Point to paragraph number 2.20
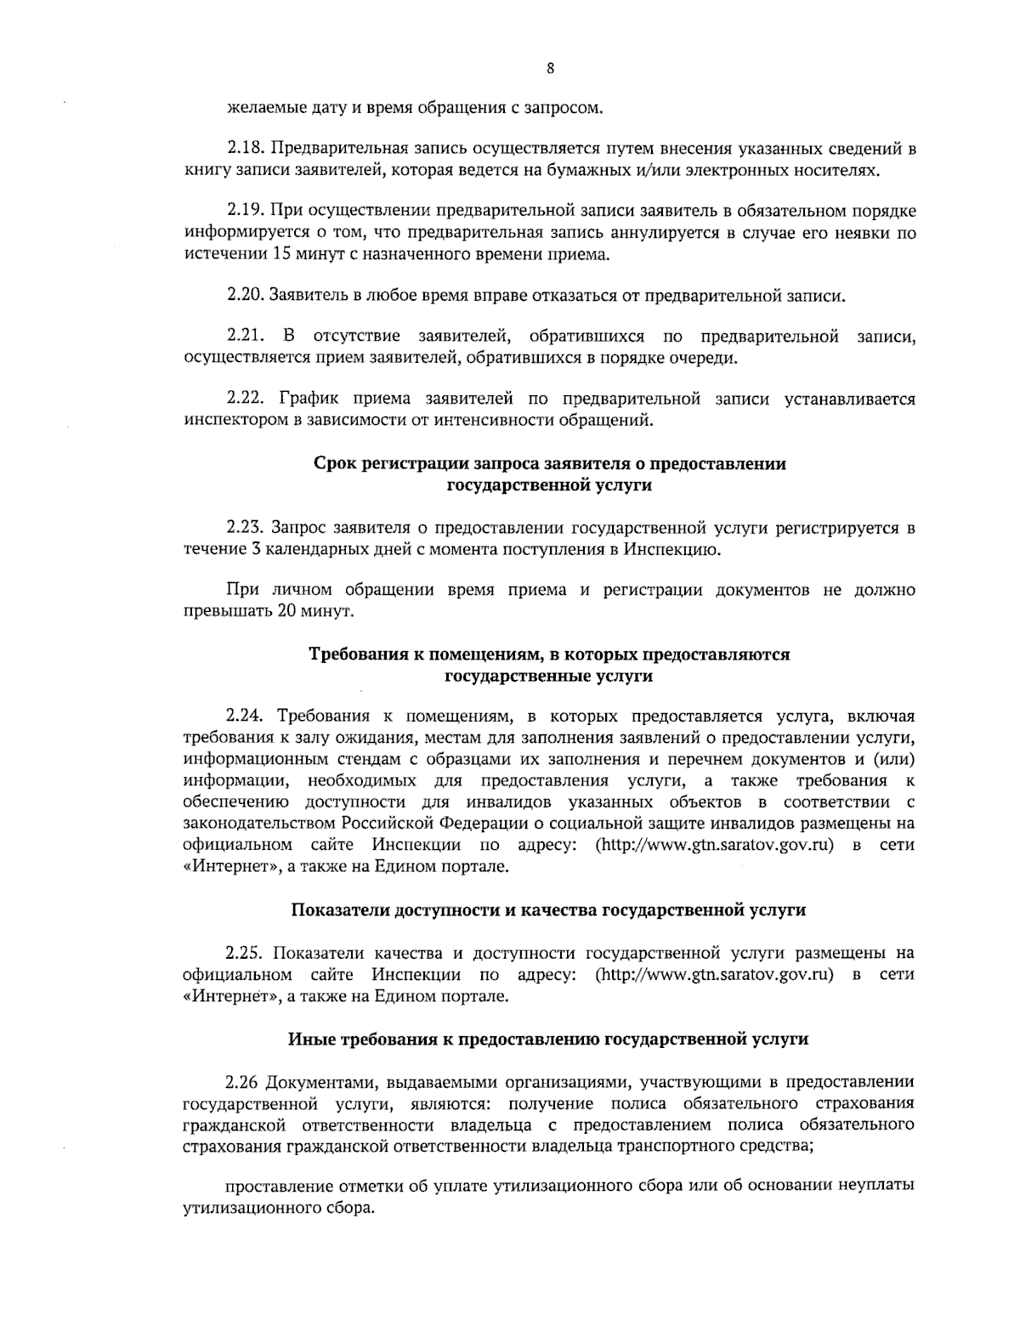pyautogui.click(x=246, y=296)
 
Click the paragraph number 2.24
pyautogui.click(x=246, y=716)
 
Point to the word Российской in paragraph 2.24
pyautogui.click(x=388, y=823)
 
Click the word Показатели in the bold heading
pyautogui.click(x=337, y=909)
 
